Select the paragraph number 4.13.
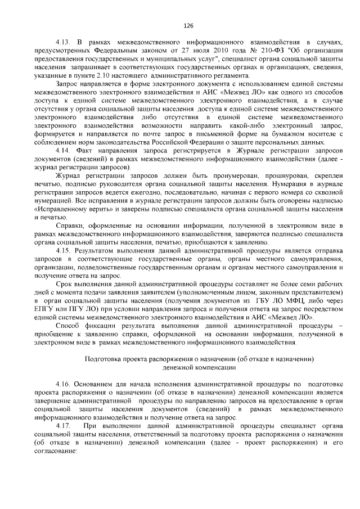click(x=62, y=43)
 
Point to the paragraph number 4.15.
click(x=62, y=249)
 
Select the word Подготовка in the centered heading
click(x=103, y=358)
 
